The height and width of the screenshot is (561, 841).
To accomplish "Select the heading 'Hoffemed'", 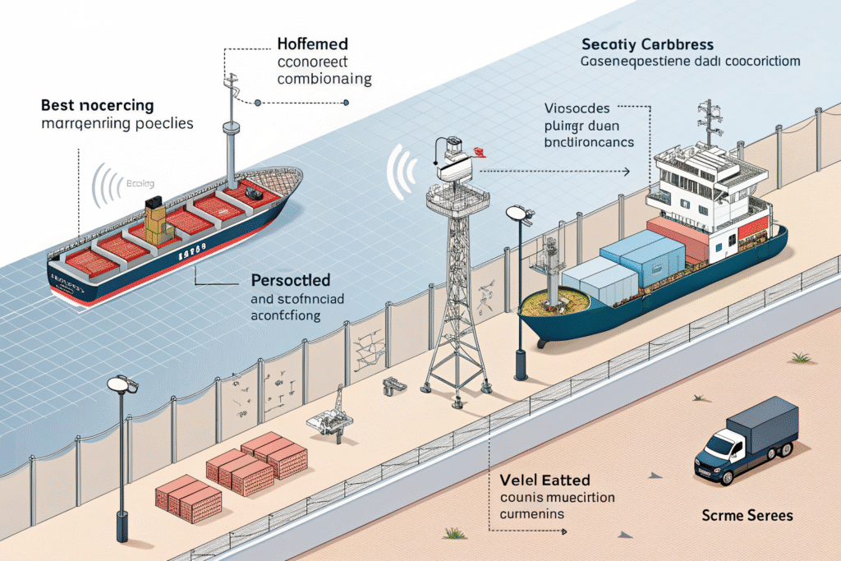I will coord(313,43).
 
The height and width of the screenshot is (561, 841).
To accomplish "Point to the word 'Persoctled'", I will coord(290,279).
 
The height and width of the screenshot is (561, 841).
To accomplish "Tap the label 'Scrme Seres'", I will coord(747,516).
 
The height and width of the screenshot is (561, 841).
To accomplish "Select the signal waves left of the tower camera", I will coord(400,172).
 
